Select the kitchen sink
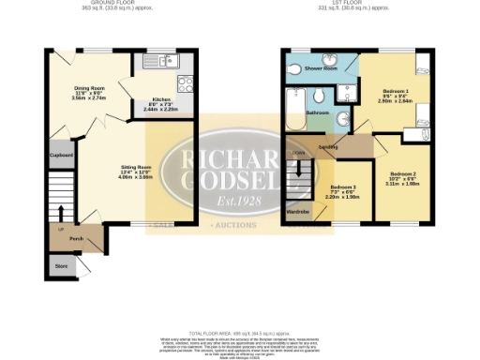tap(165, 62)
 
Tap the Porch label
tap(77, 238)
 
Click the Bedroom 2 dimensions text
tap(402, 183)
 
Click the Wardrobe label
tap(299, 212)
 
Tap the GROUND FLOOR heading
tap(101, 3)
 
